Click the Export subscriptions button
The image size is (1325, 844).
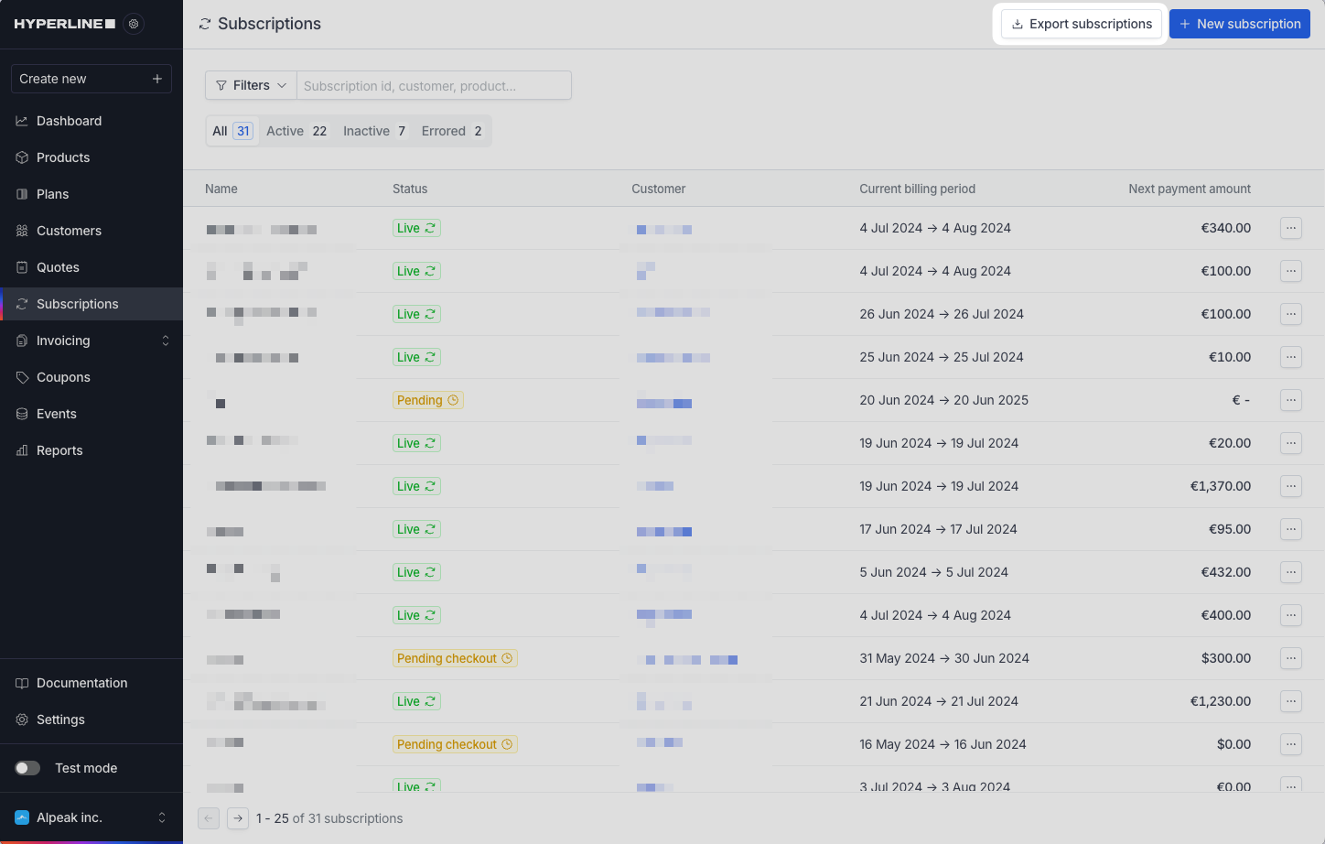1081,24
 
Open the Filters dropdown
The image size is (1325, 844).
251,85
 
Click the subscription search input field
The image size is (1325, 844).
434,86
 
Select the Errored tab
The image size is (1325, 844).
451,131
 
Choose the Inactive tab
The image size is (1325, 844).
373,131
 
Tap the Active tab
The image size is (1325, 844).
296,131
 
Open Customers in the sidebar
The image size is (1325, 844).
69,231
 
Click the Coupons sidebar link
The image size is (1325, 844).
63,377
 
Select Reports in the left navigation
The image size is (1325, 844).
59,450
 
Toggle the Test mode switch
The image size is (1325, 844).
27,768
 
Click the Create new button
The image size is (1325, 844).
91,79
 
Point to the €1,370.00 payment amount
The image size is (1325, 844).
1220,486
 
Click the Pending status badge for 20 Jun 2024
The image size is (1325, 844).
427,400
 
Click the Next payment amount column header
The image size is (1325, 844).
1189,189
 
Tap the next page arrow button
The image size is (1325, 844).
238,818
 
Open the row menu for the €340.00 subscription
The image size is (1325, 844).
1290,228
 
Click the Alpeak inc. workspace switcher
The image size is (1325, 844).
91,817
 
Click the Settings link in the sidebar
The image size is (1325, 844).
60,720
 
